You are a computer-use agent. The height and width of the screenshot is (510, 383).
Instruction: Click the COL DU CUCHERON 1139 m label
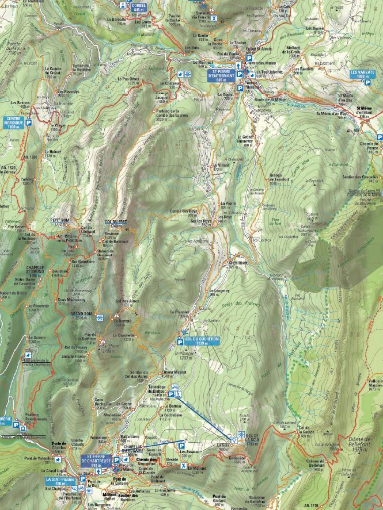point(202,341)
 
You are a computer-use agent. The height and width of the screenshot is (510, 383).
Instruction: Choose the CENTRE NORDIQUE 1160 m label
point(15,122)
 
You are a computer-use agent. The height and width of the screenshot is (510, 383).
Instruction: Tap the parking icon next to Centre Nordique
point(29,122)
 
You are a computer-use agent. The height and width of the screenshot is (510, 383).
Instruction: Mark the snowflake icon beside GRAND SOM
point(100,317)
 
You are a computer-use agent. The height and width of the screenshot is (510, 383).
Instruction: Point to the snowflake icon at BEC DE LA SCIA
point(241,435)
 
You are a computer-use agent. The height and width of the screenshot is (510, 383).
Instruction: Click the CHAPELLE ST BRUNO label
point(35,269)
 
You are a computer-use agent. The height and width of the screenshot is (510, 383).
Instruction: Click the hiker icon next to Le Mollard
point(184,466)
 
